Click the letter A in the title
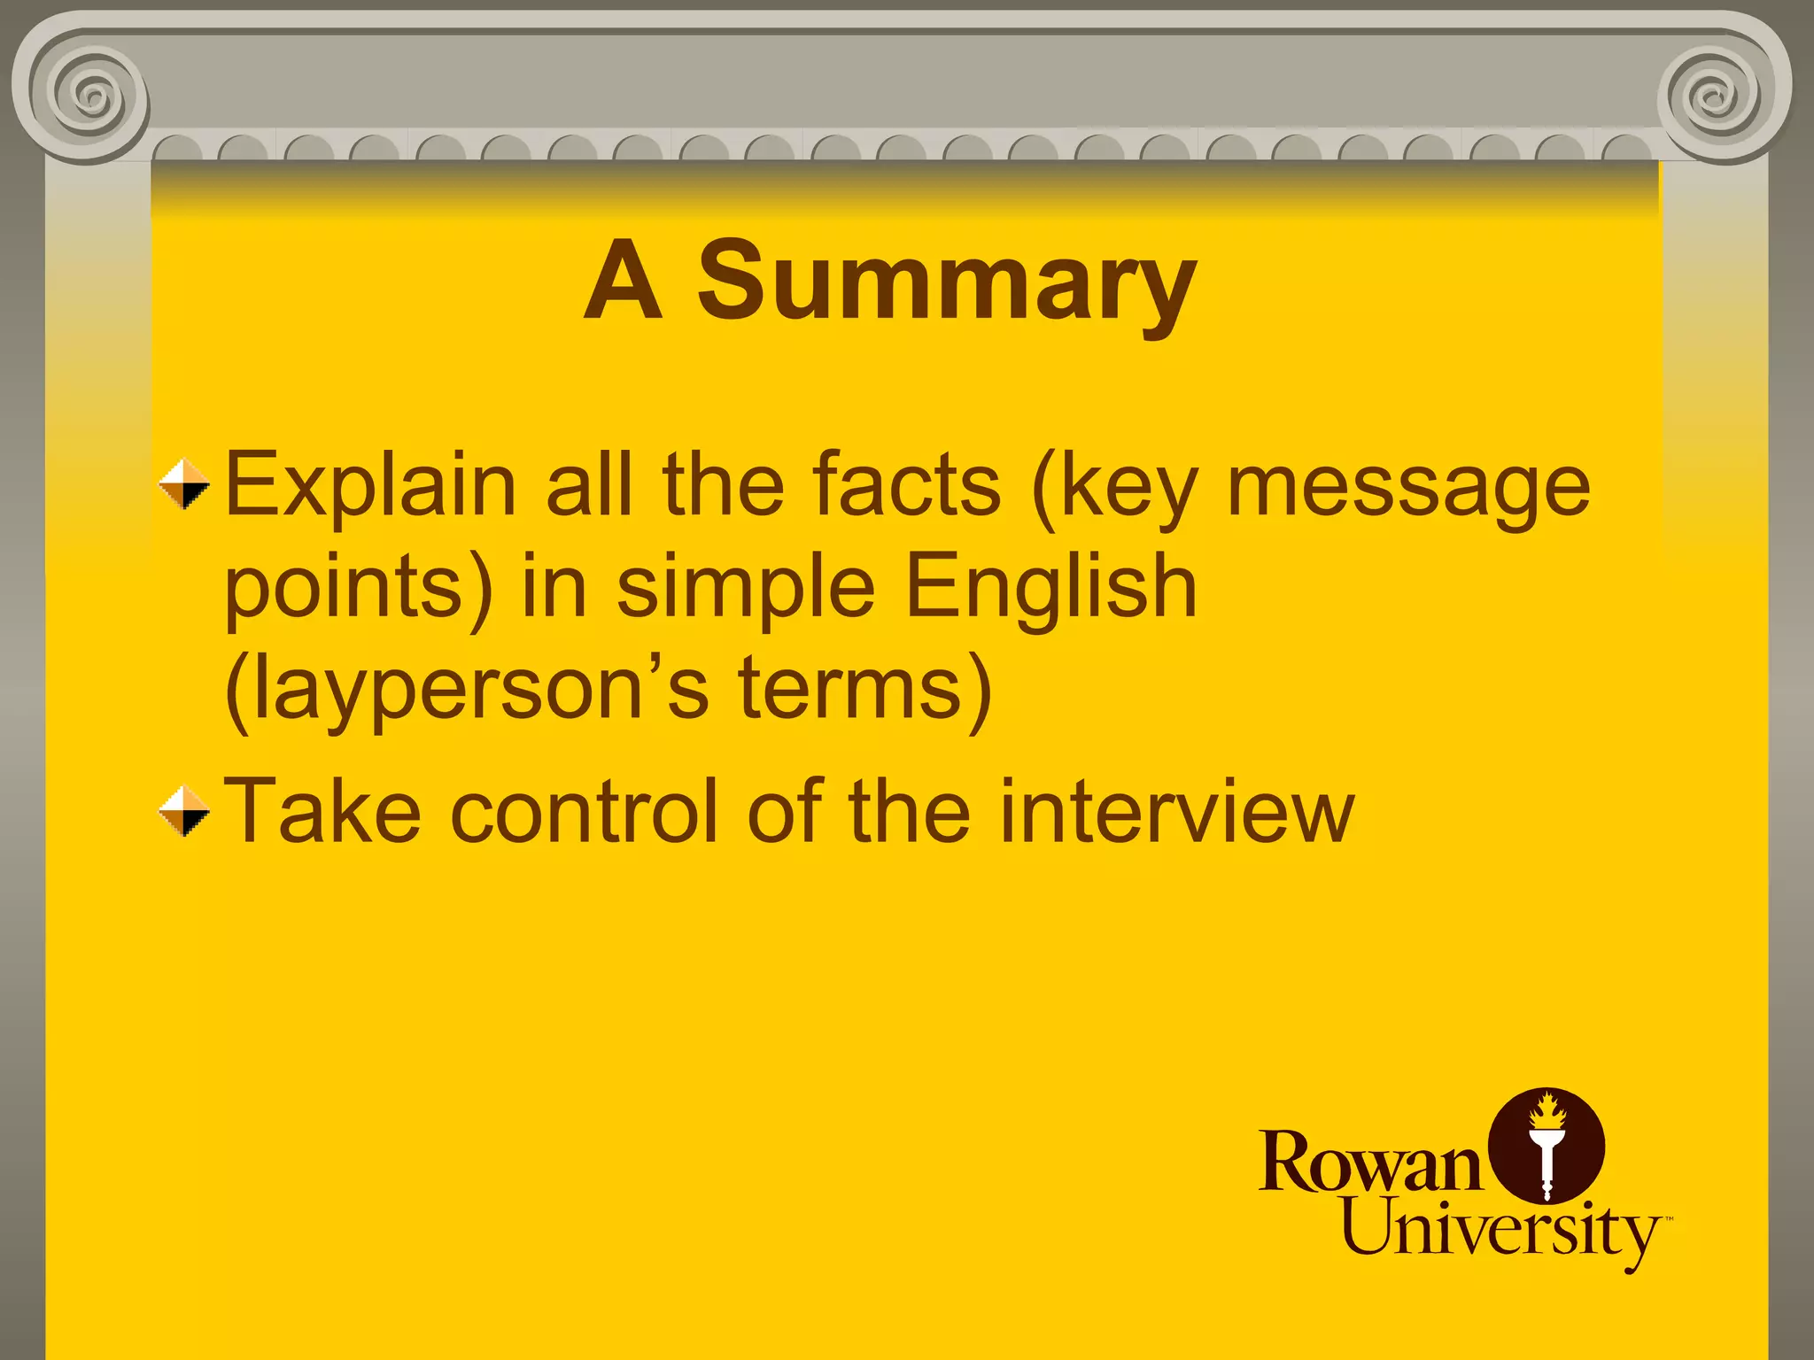point(623,282)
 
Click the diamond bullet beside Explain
point(184,484)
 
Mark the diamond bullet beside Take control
point(184,811)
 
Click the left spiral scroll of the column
point(89,93)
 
